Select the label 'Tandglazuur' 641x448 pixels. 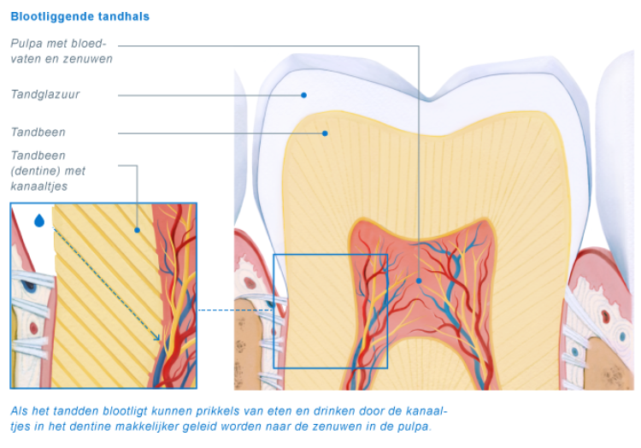pos(45,95)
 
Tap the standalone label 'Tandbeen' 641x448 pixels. pos(38,133)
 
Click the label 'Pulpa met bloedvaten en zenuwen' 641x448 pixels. pos(62,51)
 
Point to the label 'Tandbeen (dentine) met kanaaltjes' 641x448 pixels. pos(48,170)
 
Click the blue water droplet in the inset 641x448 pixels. pos(39,221)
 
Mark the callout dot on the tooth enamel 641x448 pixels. pos(303,95)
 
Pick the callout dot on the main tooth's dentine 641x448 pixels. pos(326,133)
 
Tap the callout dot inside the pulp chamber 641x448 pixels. pos(419,280)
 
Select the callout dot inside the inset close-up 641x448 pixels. pos(137,230)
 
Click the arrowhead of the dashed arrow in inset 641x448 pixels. pos(157,338)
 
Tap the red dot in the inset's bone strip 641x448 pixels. pos(33,327)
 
